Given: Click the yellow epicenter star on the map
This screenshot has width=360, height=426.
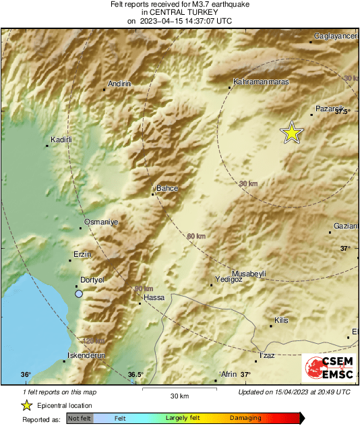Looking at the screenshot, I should click(x=291, y=133).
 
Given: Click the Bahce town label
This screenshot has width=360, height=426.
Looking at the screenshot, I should click(x=167, y=189).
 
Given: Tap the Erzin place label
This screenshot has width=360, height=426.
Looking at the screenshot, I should click(x=81, y=255).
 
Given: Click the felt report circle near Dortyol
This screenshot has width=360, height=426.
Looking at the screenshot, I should click(x=79, y=294).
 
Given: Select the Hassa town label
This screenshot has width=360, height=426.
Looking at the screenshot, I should click(x=154, y=297).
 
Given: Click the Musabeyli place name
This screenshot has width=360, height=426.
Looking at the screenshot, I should click(x=249, y=273).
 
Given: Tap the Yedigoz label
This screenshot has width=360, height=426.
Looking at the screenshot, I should click(x=227, y=279).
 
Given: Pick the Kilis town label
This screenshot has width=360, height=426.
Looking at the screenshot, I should click(x=281, y=320).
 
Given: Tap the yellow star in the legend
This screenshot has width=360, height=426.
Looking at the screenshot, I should click(x=26, y=405).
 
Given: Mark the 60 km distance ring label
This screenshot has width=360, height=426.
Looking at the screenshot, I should click(x=196, y=236).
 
